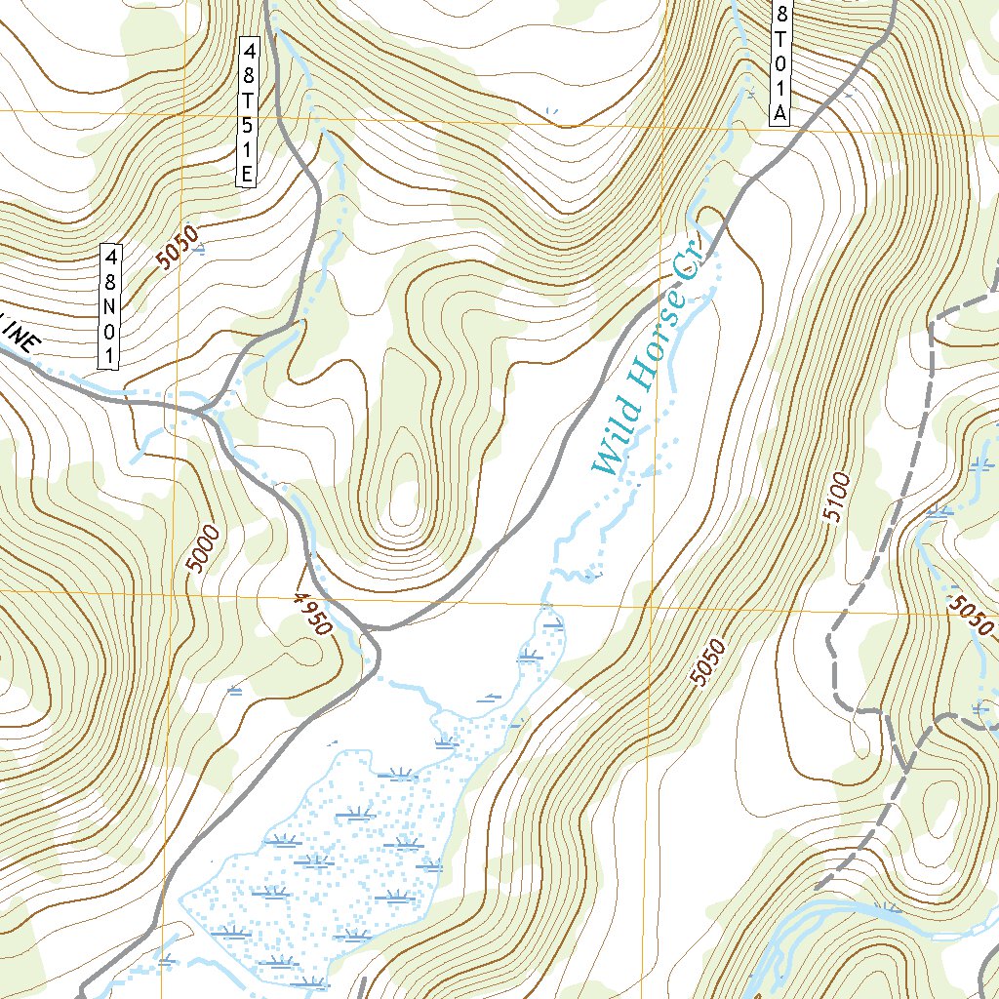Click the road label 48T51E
pyautogui.click(x=248, y=111)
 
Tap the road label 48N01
pyautogui.click(x=111, y=306)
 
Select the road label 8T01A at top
pyautogui.click(x=780, y=60)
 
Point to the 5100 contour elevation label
pyautogui.click(x=837, y=498)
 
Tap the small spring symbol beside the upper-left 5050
pyautogui.click(x=200, y=251)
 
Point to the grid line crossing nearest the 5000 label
pyautogui.click(x=168, y=592)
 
